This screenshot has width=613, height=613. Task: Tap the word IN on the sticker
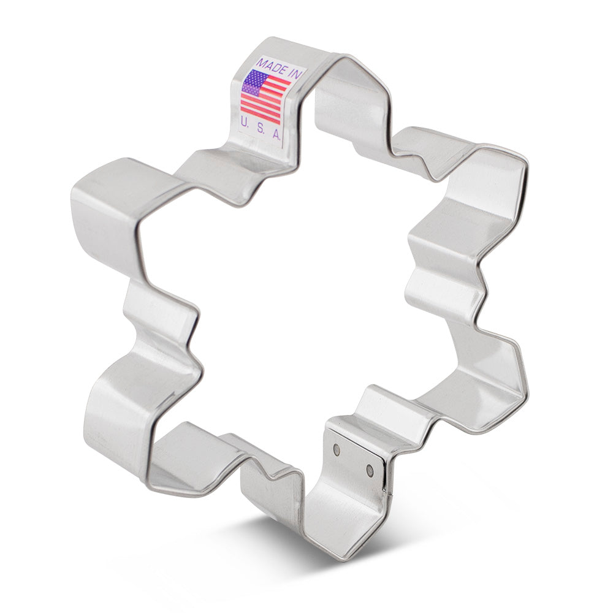coord(294,75)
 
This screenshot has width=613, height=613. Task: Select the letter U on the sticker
coord(245,121)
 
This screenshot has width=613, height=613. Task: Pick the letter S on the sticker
coord(260,126)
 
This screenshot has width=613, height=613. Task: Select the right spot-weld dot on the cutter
coord(370,470)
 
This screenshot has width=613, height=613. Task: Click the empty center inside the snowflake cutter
coord(300,306)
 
